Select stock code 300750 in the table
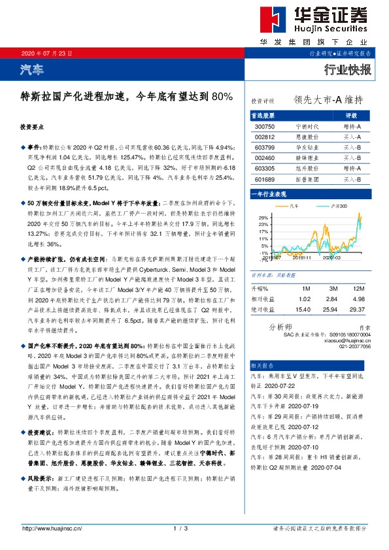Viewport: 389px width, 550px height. click(x=265, y=126)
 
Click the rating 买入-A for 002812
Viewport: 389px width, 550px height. click(x=353, y=137)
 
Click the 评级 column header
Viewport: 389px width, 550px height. click(x=350, y=115)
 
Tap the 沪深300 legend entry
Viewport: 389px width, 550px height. click(x=332, y=206)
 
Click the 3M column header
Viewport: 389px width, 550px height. click(x=333, y=287)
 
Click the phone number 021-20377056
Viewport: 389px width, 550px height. click(x=354, y=346)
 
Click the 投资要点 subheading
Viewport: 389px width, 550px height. click(x=32, y=127)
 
